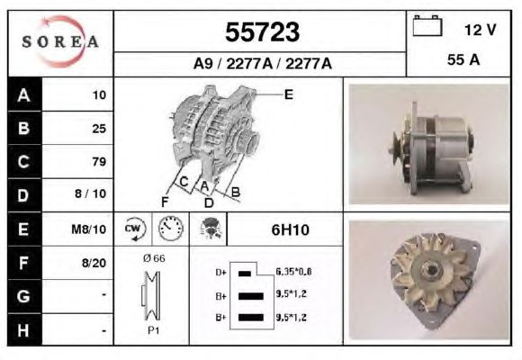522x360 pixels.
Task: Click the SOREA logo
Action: tap(60, 41)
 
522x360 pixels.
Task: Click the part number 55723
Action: tap(262, 32)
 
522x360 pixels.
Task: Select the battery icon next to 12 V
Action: tap(427, 25)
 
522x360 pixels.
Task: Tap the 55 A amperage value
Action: tap(463, 60)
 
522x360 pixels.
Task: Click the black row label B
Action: tap(24, 128)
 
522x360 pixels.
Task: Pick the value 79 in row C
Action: tap(99, 161)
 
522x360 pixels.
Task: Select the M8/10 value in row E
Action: tap(88, 229)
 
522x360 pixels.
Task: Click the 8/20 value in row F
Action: tap(94, 263)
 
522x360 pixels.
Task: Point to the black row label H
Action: tap(24, 330)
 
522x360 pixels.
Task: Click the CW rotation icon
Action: tap(133, 229)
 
